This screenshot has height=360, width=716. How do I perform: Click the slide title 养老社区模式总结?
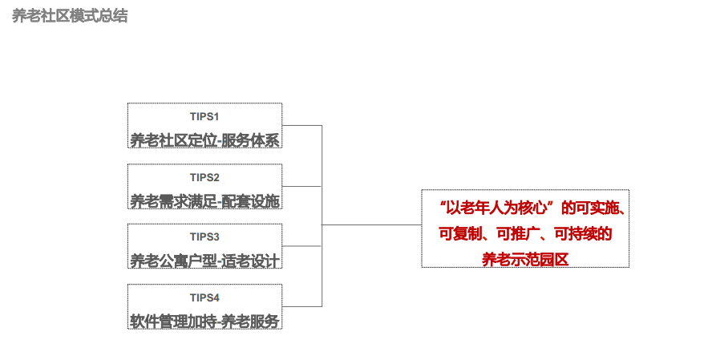(70, 16)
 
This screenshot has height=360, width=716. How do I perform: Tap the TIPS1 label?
(204, 116)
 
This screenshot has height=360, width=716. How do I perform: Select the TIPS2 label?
(204, 177)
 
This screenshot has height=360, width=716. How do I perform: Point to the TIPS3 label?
(204, 237)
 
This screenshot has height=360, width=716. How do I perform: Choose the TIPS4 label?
(204, 297)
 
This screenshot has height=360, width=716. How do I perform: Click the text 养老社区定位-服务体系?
(204, 140)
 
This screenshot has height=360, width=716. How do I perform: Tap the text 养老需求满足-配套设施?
(204, 200)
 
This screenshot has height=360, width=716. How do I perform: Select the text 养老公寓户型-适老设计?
(204, 261)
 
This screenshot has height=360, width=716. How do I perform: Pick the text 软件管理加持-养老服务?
(204, 321)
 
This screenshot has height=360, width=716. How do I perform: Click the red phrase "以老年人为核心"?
(498, 208)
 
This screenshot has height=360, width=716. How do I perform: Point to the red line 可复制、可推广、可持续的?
(525, 234)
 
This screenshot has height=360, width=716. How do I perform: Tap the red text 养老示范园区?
(524, 259)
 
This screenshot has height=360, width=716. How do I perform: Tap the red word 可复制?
(460, 234)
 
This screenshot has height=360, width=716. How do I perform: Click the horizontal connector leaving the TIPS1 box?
(302, 126)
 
